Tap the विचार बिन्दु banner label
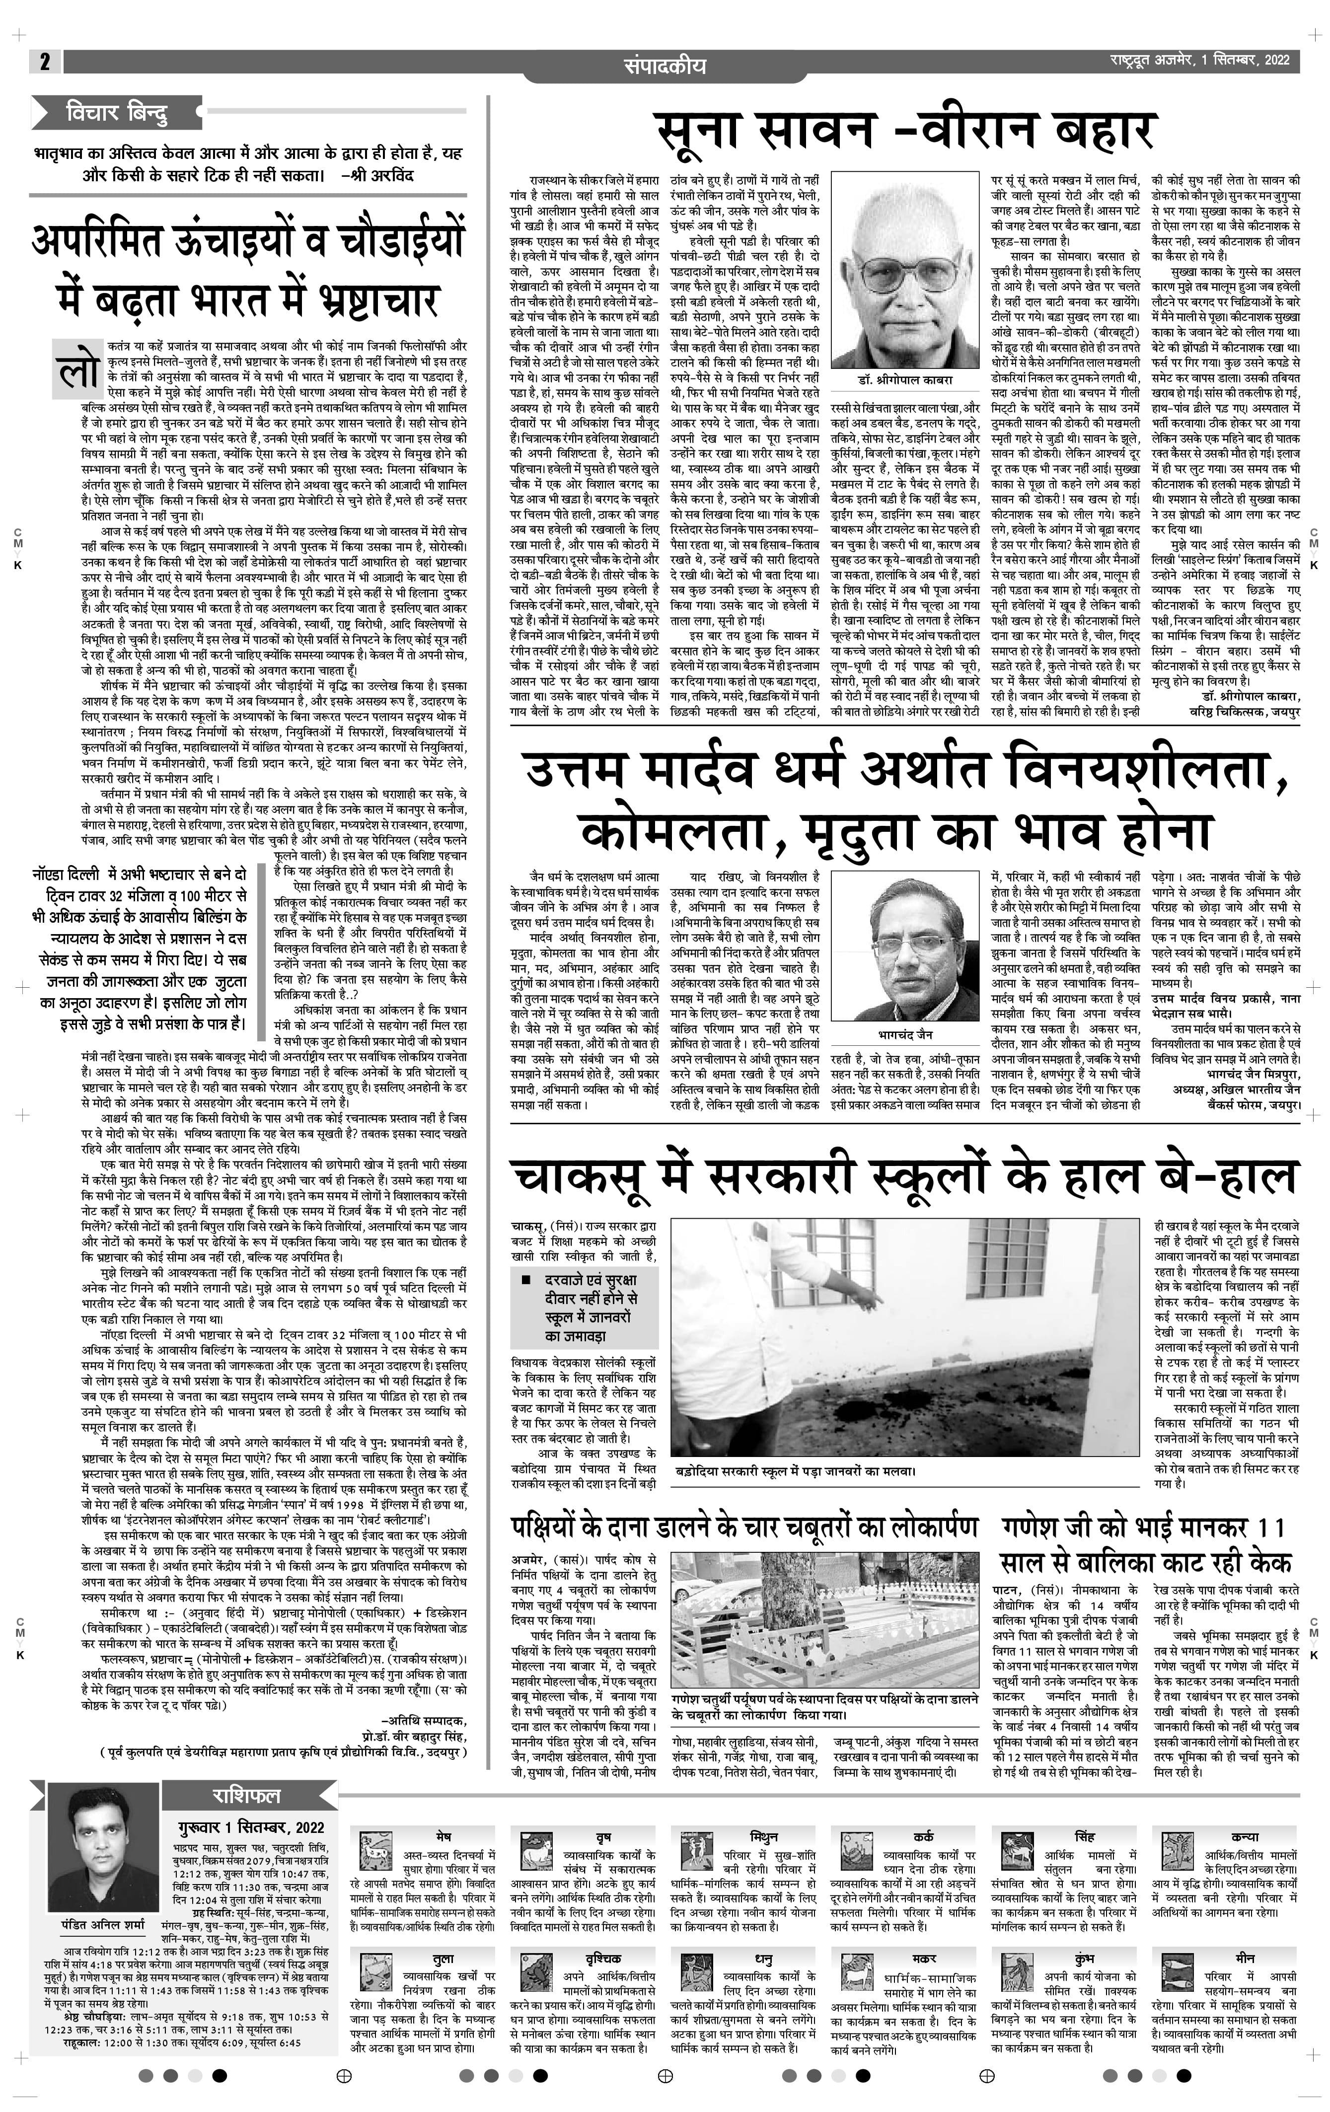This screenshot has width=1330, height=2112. click(117, 112)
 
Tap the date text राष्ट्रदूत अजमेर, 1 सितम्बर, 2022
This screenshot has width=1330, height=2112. click(1197, 61)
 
